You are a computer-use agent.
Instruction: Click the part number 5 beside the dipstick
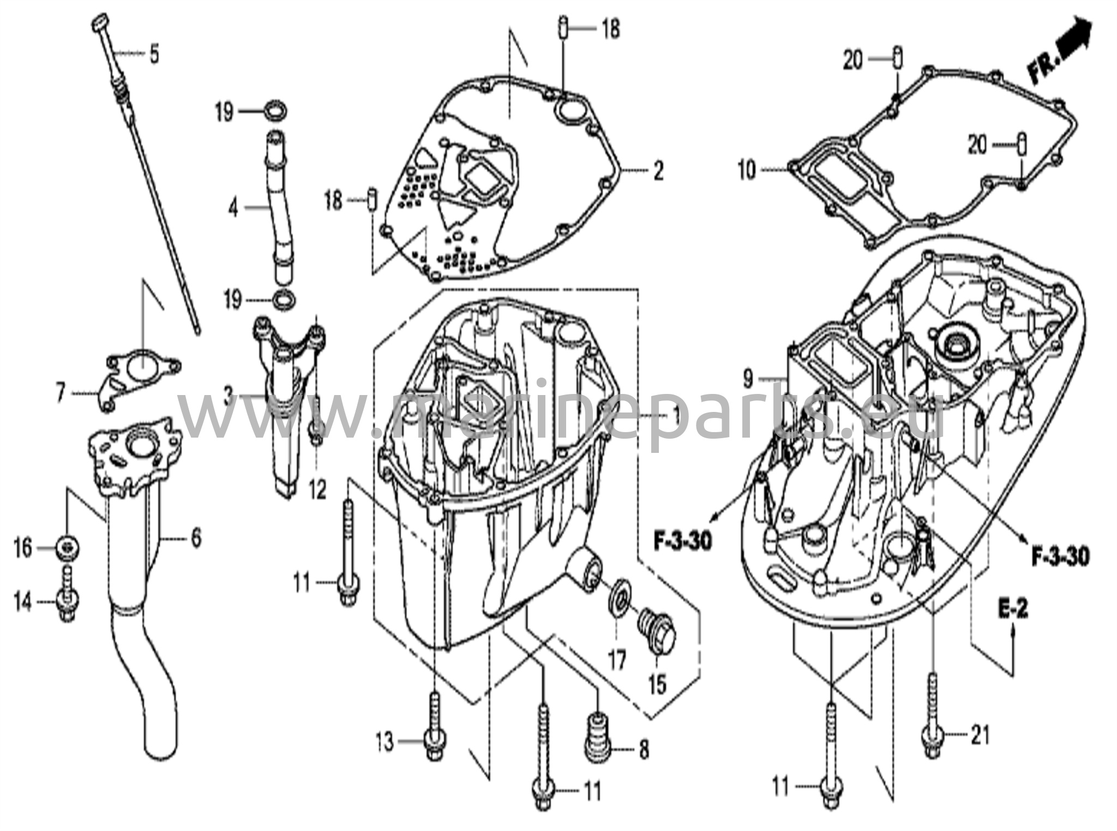pos(154,54)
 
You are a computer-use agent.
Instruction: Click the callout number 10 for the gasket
pos(747,171)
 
